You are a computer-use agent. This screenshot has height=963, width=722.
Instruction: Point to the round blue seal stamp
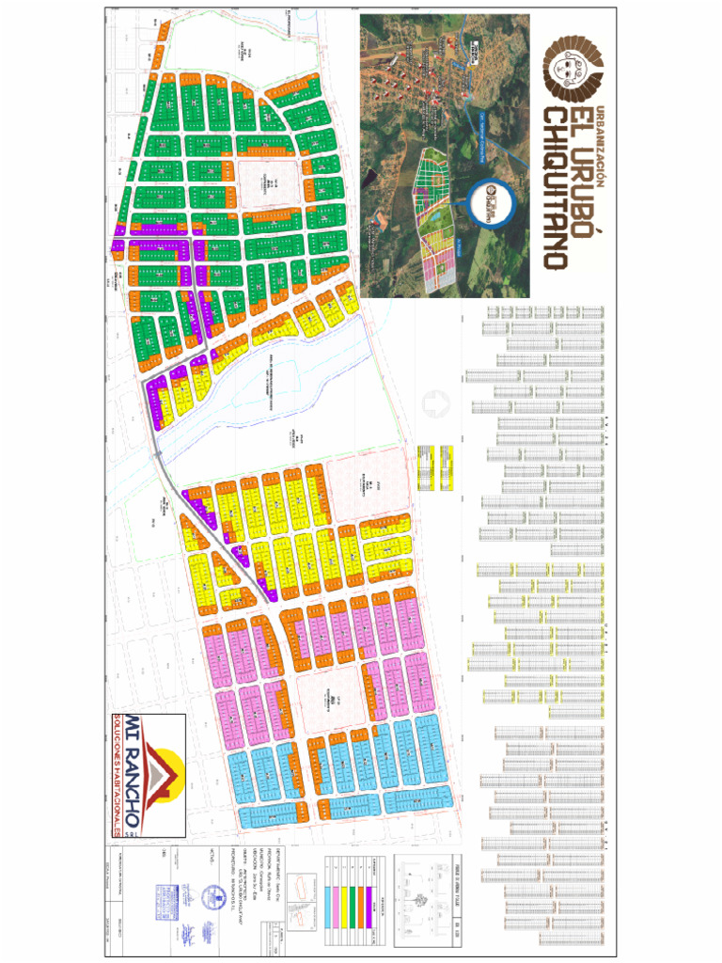[213, 898]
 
